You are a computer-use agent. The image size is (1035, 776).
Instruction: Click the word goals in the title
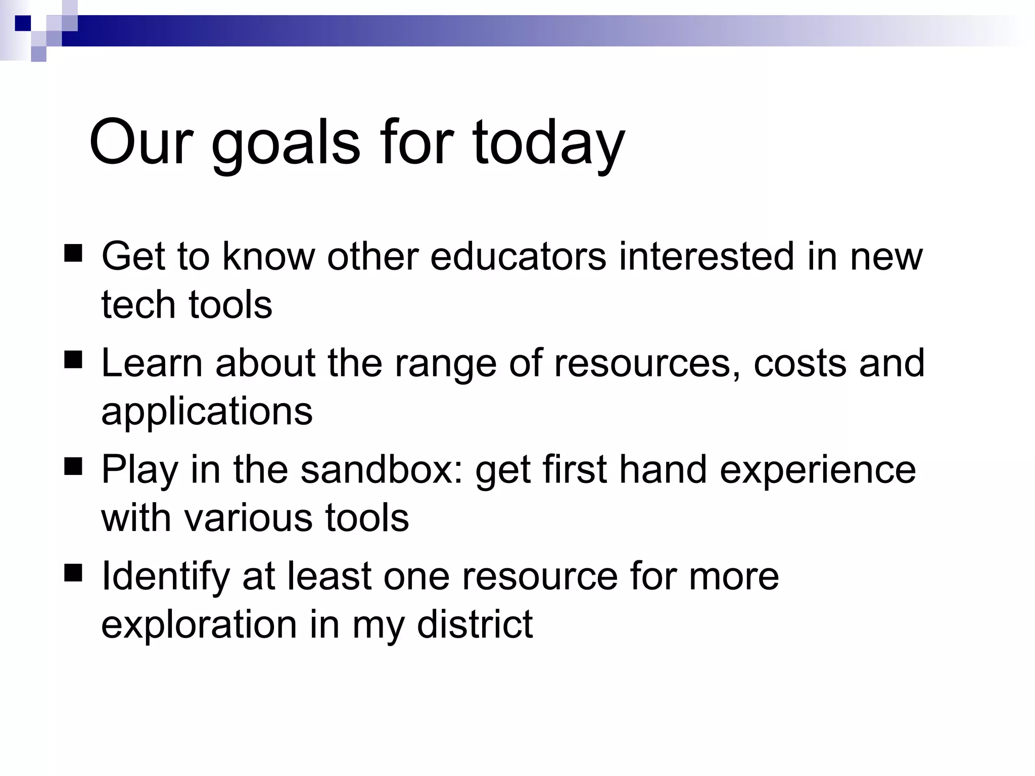point(286,144)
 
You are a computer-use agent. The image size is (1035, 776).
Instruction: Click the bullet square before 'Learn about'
point(73,360)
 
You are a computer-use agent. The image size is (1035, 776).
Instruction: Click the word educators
point(518,256)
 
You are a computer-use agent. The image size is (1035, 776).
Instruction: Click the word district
point(475,624)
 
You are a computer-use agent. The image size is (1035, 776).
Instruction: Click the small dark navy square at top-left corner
point(23,23)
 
